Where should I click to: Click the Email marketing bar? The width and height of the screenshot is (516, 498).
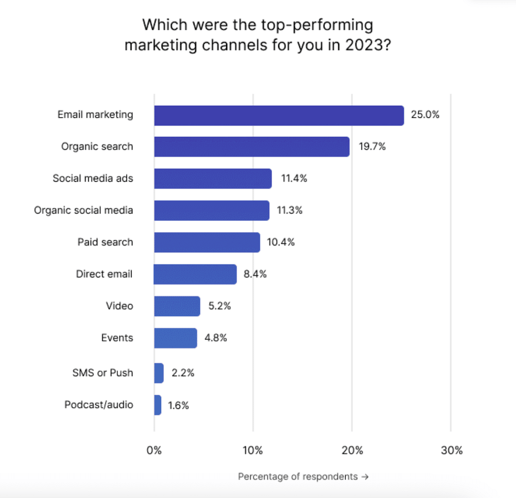(279, 115)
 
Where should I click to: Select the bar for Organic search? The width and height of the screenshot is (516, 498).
(251, 147)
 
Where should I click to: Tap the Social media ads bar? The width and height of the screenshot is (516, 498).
(213, 178)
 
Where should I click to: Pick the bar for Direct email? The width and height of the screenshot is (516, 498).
(195, 274)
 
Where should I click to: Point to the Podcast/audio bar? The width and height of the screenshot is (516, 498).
(158, 404)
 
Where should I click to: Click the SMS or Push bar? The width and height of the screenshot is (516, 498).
(159, 373)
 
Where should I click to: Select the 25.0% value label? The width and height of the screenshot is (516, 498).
(425, 115)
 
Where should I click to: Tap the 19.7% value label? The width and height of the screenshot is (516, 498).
(372, 147)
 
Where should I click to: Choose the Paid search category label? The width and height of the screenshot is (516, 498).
(105, 242)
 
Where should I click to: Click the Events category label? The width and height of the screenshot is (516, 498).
(117, 338)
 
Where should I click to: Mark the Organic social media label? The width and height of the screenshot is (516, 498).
(84, 210)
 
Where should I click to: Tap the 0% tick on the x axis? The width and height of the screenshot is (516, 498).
(154, 450)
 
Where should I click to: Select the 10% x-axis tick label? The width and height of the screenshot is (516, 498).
(252, 450)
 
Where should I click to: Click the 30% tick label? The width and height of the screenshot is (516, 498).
(451, 450)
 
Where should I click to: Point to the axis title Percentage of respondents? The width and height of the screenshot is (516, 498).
(297, 476)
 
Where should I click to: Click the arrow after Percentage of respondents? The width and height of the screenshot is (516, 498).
(365, 476)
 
